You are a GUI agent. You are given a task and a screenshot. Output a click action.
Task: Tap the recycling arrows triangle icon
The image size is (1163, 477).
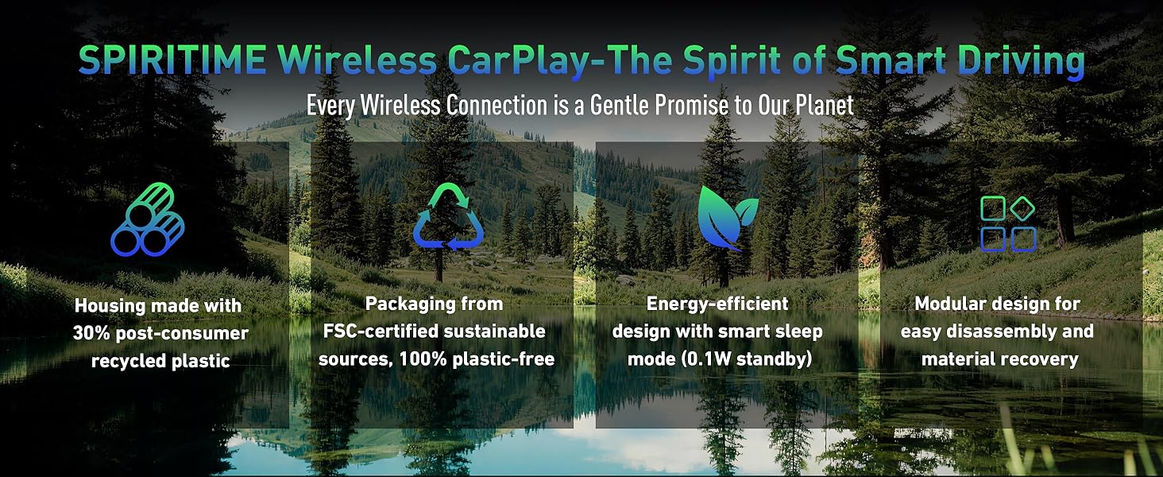pyautogui.click(x=448, y=218)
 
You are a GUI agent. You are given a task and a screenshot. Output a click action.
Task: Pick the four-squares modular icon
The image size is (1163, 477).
pyautogui.click(x=1008, y=224)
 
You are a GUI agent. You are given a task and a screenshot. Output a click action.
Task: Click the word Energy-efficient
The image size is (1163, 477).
pyautogui.click(x=717, y=303)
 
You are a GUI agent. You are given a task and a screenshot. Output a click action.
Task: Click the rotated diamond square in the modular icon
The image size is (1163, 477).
pyautogui.click(x=1022, y=209)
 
